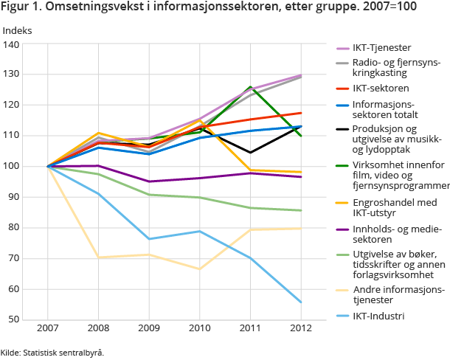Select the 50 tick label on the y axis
click(13, 320)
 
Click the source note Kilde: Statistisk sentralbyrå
click(52, 352)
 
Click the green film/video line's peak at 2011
click(251, 87)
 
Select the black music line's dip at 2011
click(251, 153)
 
